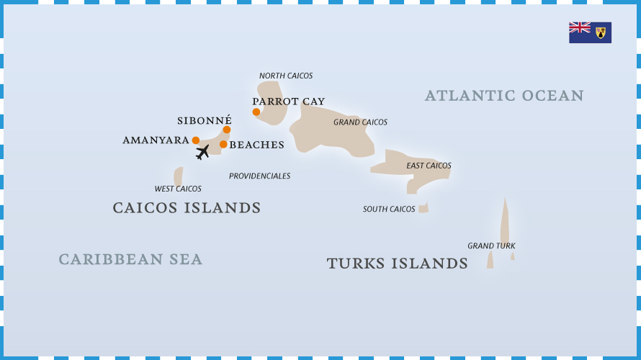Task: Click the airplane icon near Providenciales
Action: click(202, 152)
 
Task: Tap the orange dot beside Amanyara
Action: click(196, 140)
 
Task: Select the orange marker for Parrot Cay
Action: click(256, 112)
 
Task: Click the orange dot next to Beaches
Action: click(223, 144)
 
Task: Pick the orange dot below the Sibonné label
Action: click(227, 130)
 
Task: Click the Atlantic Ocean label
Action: click(503, 96)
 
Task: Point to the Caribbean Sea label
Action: click(130, 259)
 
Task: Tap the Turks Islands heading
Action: click(397, 264)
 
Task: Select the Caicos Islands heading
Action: click(187, 208)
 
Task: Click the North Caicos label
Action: click(286, 76)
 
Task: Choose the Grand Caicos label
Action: click(360, 122)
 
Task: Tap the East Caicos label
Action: click(429, 166)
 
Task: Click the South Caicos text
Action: click(389, 210)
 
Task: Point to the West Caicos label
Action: click(178, 189)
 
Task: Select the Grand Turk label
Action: click(491, 246)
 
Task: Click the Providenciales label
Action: click(259, 176)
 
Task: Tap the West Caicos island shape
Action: click(178, 176)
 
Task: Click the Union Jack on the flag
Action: click(580, 27)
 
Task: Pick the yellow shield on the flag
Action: click(601, 33)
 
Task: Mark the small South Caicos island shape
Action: click(423, 208)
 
